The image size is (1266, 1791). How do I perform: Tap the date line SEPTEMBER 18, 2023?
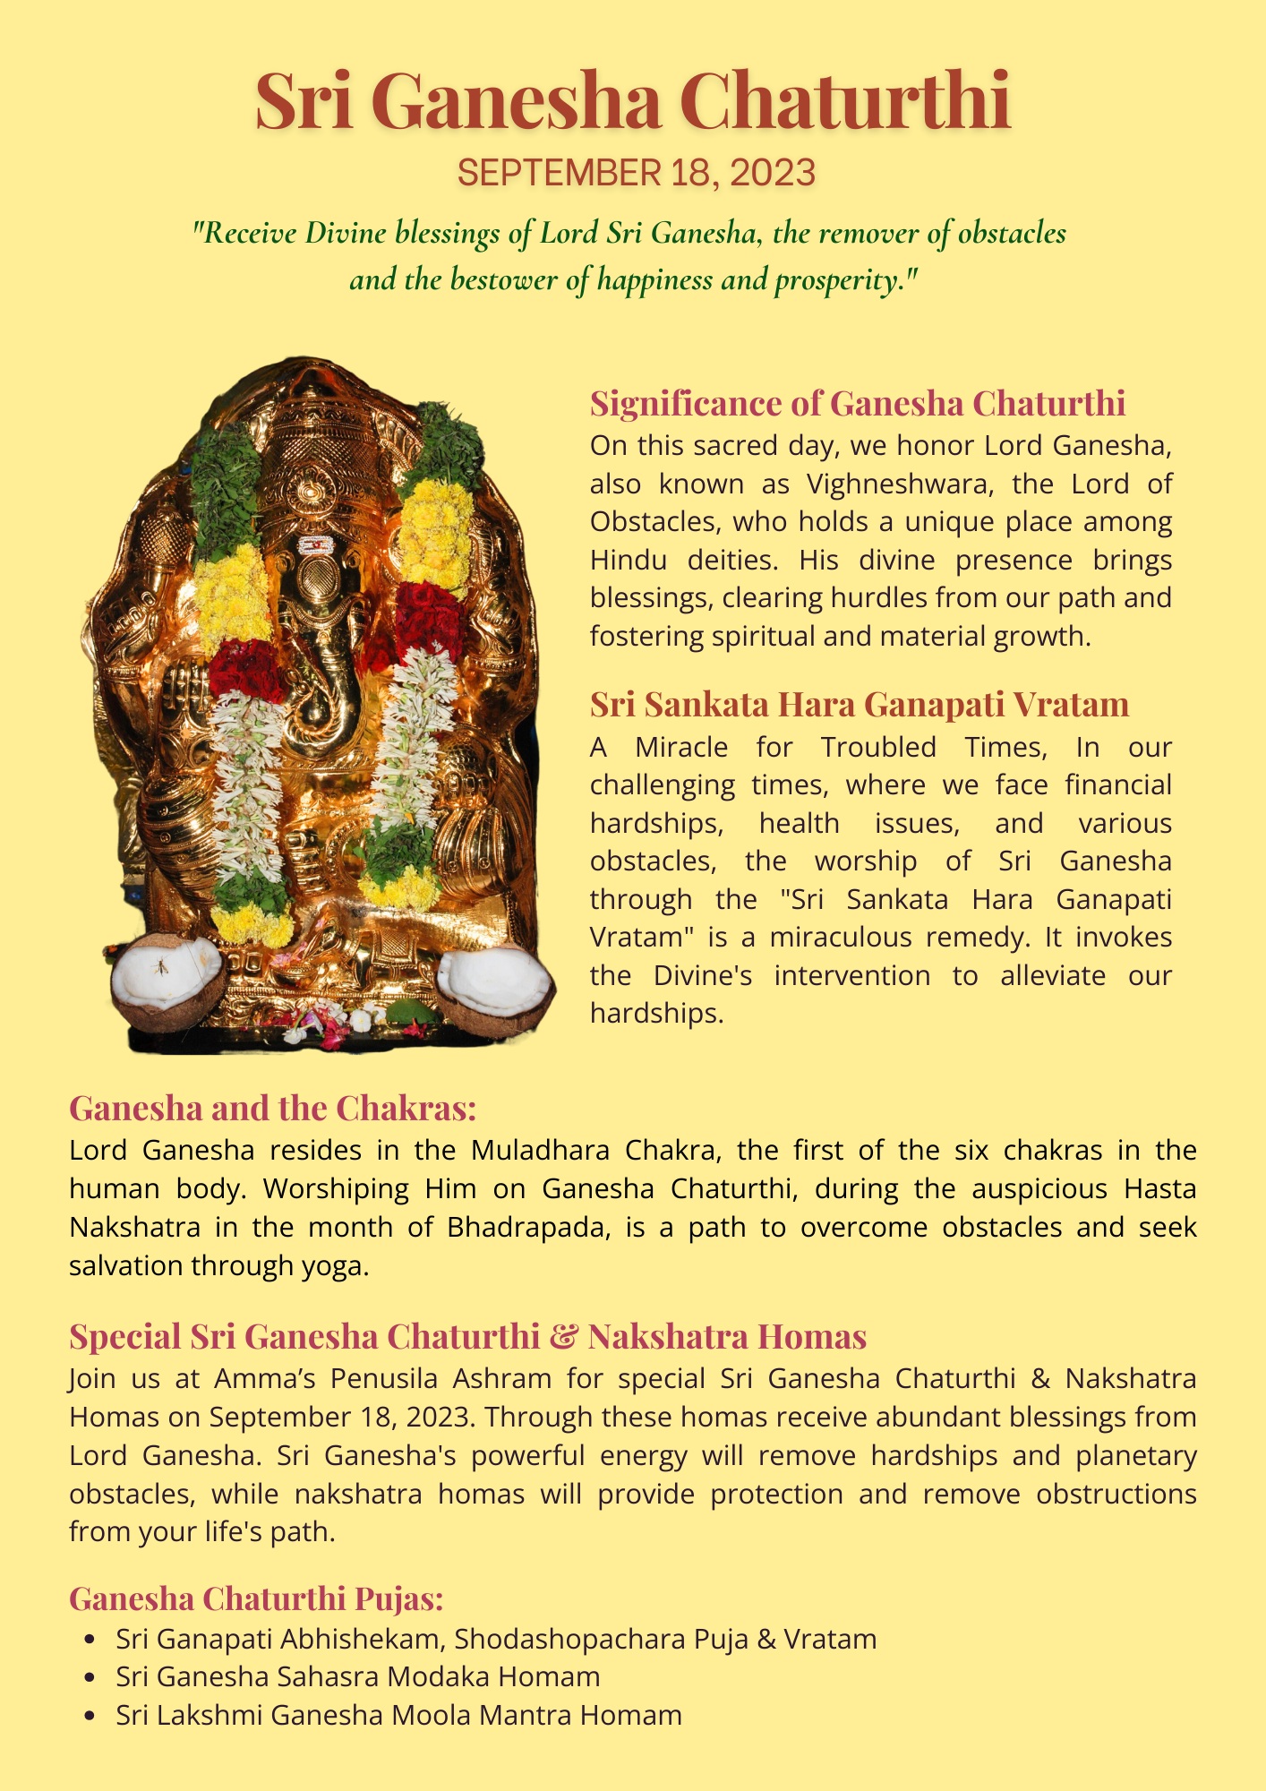636,172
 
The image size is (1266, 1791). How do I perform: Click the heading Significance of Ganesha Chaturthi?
857,404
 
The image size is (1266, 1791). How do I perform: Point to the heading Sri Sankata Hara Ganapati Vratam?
859,705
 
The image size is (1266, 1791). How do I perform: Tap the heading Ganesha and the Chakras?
272,1109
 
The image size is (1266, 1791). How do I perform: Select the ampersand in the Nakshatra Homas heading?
563,1337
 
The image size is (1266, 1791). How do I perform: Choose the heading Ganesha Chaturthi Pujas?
256,1598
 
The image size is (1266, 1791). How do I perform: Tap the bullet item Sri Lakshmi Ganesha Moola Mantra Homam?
398,1715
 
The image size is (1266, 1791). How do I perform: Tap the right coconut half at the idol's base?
494,985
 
